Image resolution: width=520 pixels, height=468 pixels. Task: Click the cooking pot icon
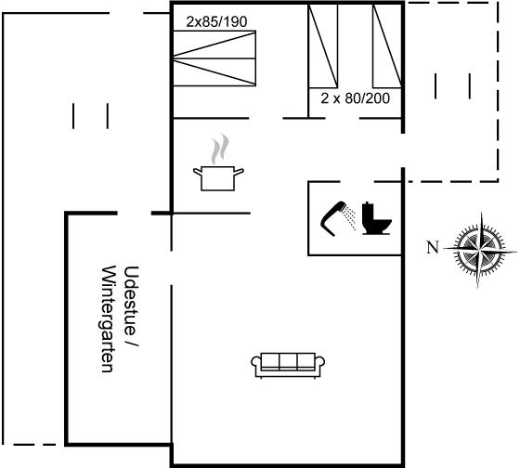pyautogui.click(x=218, y=178)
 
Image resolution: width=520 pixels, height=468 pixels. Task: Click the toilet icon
pyautogui.click(x=376, y=219)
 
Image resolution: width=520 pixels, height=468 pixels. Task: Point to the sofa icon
pyautogui.click(x=288, y=365)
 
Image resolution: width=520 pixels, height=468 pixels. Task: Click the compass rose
pyautogui.click(x=480, y=250)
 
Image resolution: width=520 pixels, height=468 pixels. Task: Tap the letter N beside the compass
pyautogui.click(x=432, y=247)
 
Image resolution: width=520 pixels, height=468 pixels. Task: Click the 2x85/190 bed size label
pyautogui.click(x=216, y=22)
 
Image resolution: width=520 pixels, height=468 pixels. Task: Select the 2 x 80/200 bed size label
pyautogui.click(x=355, y=98)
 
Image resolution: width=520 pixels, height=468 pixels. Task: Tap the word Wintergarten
pyautogui.click(x=108, y=319)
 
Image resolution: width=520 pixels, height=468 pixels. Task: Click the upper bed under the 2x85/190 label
pyautogui.click(x=214, y=45)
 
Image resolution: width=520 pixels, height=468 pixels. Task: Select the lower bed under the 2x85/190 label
pyautogui.click(x=214, y=72)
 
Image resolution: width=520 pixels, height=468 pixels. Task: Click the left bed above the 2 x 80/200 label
pyautogui.click(x=323, y=46)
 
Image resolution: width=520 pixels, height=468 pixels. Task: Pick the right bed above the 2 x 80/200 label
pyautogui.click(x=387, y=46)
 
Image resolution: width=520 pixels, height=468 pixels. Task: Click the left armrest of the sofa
pyautogui.click(x=256, y=362)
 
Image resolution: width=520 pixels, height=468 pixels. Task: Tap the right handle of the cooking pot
pyautogui.click(x=239, y=172)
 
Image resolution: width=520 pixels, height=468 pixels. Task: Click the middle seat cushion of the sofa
pyautogui.click(x=288, y=361)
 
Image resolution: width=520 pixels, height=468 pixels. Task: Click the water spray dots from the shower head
pyautogui.click(x=350, y=216)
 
